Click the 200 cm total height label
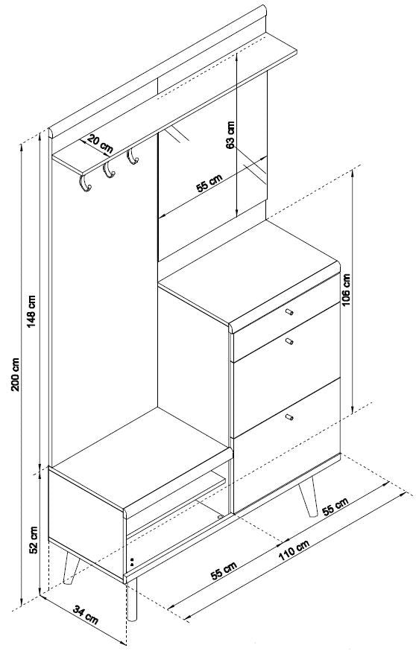16,374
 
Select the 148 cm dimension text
32,311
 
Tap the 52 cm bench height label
34,540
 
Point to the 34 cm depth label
86,615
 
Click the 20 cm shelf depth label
100,144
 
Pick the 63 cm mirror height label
230,135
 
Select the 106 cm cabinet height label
347,290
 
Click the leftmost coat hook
85,182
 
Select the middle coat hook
109,170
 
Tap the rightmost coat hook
133,156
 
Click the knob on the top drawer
289,311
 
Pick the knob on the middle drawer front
289,342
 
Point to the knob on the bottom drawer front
289,416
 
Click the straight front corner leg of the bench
132,600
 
